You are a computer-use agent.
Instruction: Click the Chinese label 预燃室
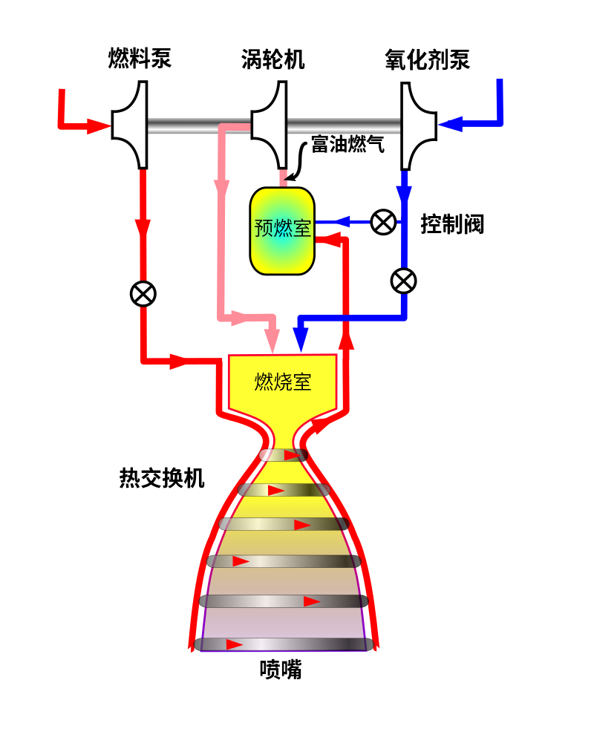pos(282,228)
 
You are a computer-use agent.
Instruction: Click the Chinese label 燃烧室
pos(282,382)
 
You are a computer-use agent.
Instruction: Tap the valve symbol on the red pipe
pos(143,294)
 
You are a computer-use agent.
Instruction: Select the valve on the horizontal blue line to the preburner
pos(383,222)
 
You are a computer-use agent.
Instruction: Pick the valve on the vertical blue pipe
pos(403,281)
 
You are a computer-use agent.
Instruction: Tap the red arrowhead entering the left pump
pos(99,126)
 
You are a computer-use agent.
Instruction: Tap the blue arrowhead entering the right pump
pos(450,124)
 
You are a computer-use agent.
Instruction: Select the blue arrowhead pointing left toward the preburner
pos(341,221)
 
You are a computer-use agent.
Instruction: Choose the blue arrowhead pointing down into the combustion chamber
pos(301,340)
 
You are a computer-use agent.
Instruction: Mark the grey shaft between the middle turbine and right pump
pos(343,126)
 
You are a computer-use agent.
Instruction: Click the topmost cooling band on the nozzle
pos(283,455)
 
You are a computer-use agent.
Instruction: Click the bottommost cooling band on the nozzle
pos(284,644)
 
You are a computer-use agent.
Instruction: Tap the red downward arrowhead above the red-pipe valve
pos(143,227)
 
